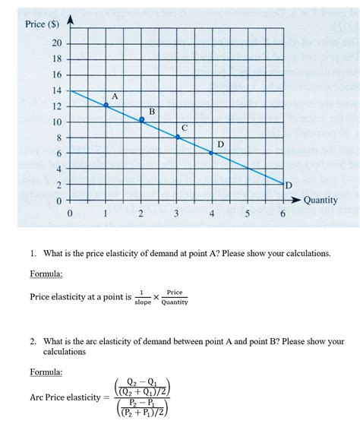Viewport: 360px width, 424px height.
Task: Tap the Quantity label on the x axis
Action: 321,200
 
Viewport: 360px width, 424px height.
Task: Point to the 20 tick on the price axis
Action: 56,43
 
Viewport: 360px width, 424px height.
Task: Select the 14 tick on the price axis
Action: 56,91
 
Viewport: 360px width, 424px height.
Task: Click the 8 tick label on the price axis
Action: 57,138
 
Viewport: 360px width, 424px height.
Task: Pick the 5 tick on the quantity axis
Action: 248,215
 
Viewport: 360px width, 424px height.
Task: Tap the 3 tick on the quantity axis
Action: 177,215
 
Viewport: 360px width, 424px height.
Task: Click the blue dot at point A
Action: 106,106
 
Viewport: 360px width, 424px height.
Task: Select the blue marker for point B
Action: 141,120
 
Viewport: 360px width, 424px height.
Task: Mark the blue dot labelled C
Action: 178,137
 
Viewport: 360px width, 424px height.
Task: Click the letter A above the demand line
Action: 115,97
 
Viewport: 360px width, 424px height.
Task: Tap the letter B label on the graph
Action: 152,112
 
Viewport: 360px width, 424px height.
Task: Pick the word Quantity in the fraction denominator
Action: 174,302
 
